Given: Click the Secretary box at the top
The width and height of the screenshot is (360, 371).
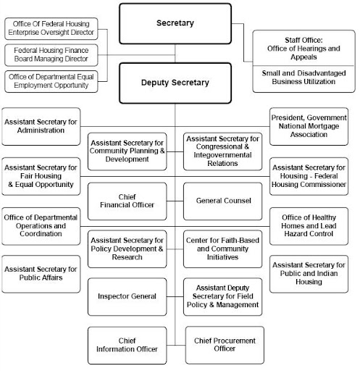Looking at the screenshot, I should [175, 24].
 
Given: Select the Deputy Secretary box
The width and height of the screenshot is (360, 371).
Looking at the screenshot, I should [175, 82].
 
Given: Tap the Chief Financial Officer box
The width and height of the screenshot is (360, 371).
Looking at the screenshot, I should [127, 200].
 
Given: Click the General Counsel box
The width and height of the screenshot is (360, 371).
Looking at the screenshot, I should [223, 200].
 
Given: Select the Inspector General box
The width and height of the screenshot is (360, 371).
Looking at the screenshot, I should [127, 296].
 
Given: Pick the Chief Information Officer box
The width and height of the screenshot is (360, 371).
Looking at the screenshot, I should [127, 345].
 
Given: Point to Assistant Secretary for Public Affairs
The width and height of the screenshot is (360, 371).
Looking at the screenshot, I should [41, 272].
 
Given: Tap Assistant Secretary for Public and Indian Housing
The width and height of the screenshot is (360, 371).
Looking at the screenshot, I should [309, 272].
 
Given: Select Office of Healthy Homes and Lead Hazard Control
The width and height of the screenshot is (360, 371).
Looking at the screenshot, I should [309, 225].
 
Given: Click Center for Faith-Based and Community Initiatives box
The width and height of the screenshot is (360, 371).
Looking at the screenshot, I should [223, 249].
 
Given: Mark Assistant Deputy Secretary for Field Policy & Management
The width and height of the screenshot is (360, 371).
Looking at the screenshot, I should [223, 296].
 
